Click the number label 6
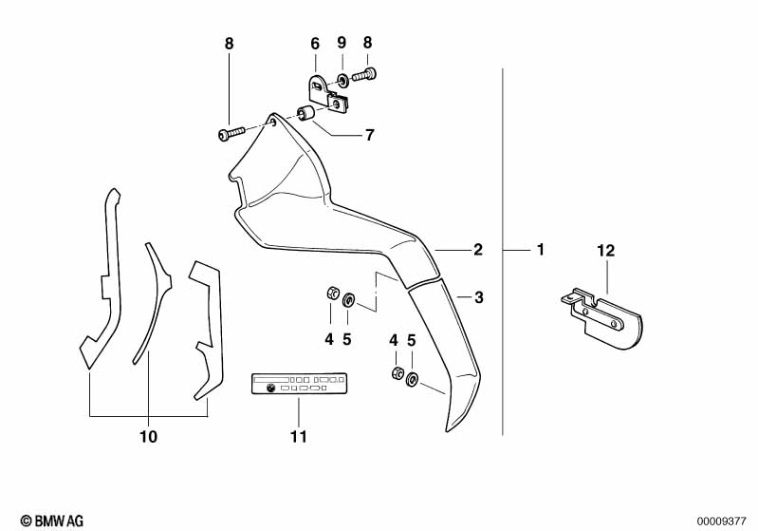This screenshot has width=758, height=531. (315, 43)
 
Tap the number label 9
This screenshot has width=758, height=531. (342, 43)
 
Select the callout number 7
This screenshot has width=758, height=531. (369, 135)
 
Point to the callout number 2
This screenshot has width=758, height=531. (478, 250)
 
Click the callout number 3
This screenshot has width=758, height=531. (479, 297)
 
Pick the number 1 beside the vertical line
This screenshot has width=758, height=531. (540, 250)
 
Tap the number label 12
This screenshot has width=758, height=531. (606, 251)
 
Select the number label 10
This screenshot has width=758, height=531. (149, 437)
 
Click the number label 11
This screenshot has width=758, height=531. (299, 437)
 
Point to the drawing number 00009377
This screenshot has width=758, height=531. (723, 520)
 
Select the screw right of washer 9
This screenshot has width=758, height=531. (366, 73)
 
